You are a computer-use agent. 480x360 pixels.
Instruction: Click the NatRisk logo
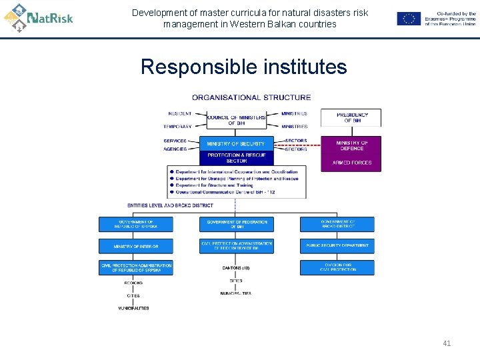coord(38,17)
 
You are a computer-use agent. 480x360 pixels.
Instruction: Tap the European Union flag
coord(409,19)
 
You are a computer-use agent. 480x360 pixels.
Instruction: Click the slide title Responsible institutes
coord(243,67)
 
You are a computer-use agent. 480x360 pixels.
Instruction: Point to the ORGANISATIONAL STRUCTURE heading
coord(251,97)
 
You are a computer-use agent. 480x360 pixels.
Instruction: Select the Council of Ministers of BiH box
coord(236,120)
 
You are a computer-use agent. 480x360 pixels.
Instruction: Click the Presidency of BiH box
coord(351,117)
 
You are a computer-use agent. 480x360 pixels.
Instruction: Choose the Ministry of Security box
coord(236,143)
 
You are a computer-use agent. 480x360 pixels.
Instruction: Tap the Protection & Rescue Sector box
coord(236,158)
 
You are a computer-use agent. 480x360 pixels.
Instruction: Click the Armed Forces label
coord(351,163)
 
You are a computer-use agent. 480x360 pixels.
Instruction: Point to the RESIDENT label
coord(179,113)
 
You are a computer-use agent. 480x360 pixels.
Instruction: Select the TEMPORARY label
coord(177,126)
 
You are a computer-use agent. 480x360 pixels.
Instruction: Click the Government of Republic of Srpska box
coord(136,225)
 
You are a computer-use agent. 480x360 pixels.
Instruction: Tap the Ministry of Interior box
coord(136,246)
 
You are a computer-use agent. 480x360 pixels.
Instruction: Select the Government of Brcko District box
coord(337,225)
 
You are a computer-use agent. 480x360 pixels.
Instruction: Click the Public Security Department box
coord(337,245)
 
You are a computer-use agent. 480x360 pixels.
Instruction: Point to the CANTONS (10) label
coord(236,268)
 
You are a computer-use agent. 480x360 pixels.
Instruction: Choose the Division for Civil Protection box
coord(337,267)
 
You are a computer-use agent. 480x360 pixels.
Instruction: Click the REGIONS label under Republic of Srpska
coord(133,283)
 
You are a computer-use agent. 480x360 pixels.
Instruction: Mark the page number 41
coord(447,343)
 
